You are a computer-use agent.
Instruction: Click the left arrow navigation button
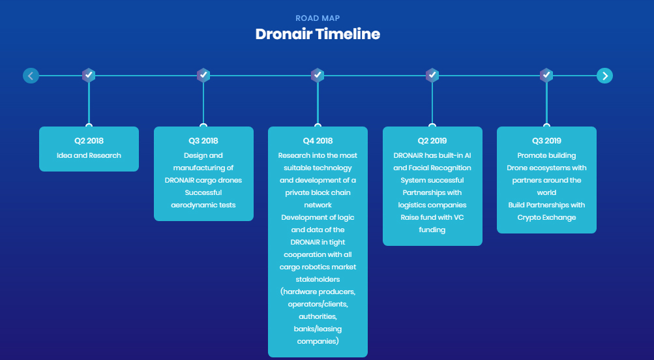click(31, 76)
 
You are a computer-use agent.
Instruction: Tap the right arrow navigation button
click(605, 76)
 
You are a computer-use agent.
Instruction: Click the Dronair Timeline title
click(318, 34)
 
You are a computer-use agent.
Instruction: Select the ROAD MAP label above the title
click(318, 18)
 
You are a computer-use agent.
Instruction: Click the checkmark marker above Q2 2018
click(89, 75)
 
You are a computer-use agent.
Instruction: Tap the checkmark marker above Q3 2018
click(203, 75)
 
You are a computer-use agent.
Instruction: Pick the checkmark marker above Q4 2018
click(318, 75)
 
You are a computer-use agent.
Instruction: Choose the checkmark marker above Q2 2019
click(432, 75)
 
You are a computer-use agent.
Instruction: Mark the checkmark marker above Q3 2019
click(546, 75)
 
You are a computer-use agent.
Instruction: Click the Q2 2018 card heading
click(89, 141)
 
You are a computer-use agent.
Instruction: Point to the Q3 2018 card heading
click(203, 141)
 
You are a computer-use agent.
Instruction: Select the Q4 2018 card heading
click(318, 141)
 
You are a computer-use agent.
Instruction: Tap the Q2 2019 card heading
click(432, 141)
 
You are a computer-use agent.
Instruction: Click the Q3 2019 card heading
click(546, 141)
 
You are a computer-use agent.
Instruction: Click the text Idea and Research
click(89, 156)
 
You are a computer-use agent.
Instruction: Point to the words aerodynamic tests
click(203, 205)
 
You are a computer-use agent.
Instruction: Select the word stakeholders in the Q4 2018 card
click(318, 280)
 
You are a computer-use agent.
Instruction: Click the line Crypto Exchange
click(546, 218)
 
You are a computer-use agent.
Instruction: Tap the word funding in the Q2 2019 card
click(432, 230)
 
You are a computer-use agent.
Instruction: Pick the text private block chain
click(318, 193)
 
